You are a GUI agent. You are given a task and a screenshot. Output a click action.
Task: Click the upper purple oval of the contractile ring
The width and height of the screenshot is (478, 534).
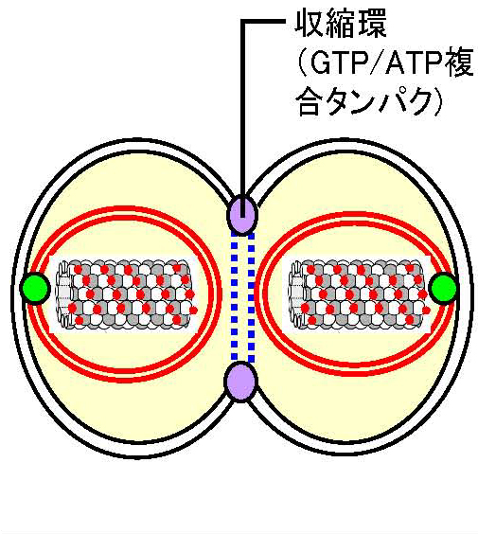coord(242,215)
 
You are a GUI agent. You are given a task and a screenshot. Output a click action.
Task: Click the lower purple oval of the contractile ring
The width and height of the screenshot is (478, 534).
coord(240,382)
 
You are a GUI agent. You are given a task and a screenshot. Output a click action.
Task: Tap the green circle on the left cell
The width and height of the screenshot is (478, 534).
coord(35,289)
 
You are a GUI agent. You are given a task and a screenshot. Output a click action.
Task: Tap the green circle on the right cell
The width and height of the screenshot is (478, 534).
coord(444,288)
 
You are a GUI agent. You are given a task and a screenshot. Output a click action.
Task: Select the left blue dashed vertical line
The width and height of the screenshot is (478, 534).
coord(234,297)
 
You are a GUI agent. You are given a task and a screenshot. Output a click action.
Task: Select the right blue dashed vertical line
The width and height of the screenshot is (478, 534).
coord(251,297)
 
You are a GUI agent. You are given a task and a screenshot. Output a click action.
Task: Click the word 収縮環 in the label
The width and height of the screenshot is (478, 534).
coord(341,24)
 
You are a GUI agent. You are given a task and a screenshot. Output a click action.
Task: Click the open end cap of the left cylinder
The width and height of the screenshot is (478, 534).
coord(64,294)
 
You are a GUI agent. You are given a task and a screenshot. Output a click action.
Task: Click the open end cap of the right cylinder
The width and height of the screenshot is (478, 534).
coord(296,294)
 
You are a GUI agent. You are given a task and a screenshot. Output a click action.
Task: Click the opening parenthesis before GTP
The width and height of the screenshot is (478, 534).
coord(302,63)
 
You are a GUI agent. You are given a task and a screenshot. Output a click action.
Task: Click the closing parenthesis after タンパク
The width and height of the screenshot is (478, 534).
coord(436,101)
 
